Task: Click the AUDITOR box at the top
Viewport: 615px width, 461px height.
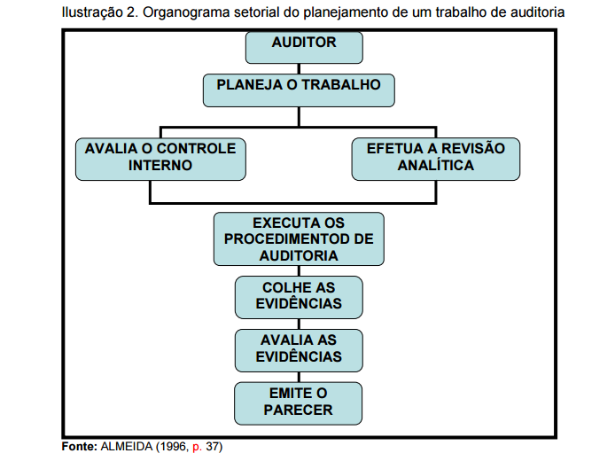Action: click(x=304, y=48)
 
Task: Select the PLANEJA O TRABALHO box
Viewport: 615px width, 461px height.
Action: click(x=299, y=90)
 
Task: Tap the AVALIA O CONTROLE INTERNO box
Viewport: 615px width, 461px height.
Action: click(x=160, y=159)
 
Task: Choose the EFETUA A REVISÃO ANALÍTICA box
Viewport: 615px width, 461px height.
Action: click(x=436, y=159)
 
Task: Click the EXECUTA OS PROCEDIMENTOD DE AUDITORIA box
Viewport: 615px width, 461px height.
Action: click(x=299, y=239)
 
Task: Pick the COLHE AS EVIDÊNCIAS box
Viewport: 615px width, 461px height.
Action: click(x=299, y=297)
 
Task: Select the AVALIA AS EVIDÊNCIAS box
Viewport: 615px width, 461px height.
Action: click(x=299, y=350)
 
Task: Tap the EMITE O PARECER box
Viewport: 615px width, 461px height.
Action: click(x=298, y=403)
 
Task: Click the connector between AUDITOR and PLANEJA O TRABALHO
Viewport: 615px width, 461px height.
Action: click(x=299, y=69)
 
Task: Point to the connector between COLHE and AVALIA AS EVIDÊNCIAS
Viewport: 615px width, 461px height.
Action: click(x=299, y=324)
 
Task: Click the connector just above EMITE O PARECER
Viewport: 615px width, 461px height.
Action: click(x=299, y=377)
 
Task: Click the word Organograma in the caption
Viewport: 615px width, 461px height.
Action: click(x=186, y=13)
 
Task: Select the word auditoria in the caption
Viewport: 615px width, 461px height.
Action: click(x=537, y=12)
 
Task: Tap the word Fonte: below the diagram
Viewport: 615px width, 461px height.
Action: click(x=79, y=447)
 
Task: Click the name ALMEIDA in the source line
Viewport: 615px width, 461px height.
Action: click(x=127, y=447)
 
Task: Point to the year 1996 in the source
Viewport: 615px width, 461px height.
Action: click(x=173, y=447)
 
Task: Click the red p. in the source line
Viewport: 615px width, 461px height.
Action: click(x=198, y=448)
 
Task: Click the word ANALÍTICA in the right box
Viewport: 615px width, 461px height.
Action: click(x=436, y=165)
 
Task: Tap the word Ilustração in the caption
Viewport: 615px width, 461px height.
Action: click(x=92, y=13)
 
